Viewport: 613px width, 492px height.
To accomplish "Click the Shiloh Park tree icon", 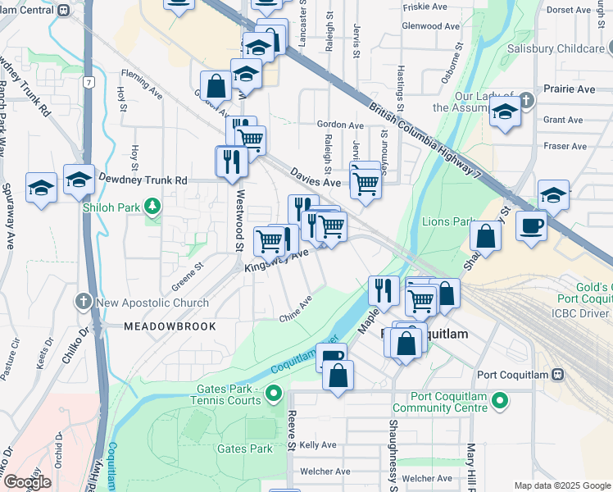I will click(152, 204).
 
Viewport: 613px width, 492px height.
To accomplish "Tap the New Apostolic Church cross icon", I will click(84, 302).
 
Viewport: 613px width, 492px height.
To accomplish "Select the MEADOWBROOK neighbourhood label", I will click(170, 326).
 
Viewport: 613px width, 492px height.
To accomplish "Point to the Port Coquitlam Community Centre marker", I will click(499, 401).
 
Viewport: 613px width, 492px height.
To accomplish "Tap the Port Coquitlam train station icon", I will click(558, 375).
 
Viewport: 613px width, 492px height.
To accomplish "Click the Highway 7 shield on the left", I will click(88, 82).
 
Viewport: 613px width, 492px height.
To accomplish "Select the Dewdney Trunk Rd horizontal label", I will click(143, 180).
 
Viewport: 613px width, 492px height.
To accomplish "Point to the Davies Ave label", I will click(316, 177).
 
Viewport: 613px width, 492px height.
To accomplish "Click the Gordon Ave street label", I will click(339, 125).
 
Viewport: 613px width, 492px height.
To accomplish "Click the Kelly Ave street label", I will click(318, 444).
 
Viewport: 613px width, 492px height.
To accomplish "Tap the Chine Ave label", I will click(296, 311).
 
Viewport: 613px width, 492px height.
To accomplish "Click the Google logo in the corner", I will click(27, 481).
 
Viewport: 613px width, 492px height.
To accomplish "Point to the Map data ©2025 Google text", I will click(562, 485).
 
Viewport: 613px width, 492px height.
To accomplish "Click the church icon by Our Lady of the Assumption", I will click(525, 102).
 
